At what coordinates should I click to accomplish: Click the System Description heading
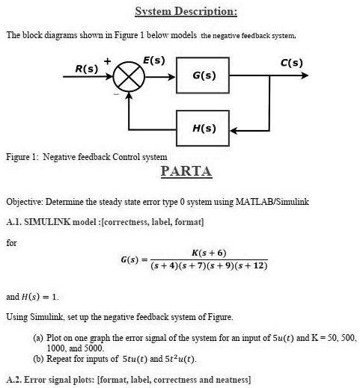(x=186, y=11)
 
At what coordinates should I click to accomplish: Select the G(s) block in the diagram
(x=204, y=76)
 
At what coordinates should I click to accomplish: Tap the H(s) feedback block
(x=204, y=129)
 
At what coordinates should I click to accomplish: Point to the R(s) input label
(x=86, y=68)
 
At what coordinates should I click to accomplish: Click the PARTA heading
(x=186, y=172)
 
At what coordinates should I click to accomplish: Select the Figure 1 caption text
(x=86, y=157)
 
